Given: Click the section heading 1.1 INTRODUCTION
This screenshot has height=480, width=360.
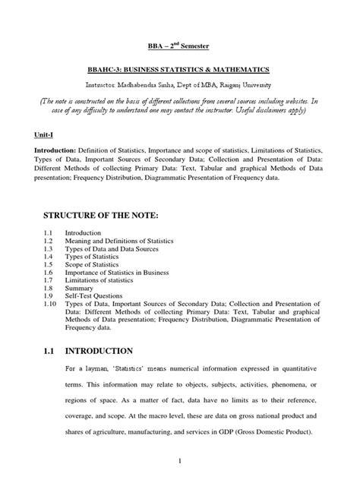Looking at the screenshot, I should (87, 351).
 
